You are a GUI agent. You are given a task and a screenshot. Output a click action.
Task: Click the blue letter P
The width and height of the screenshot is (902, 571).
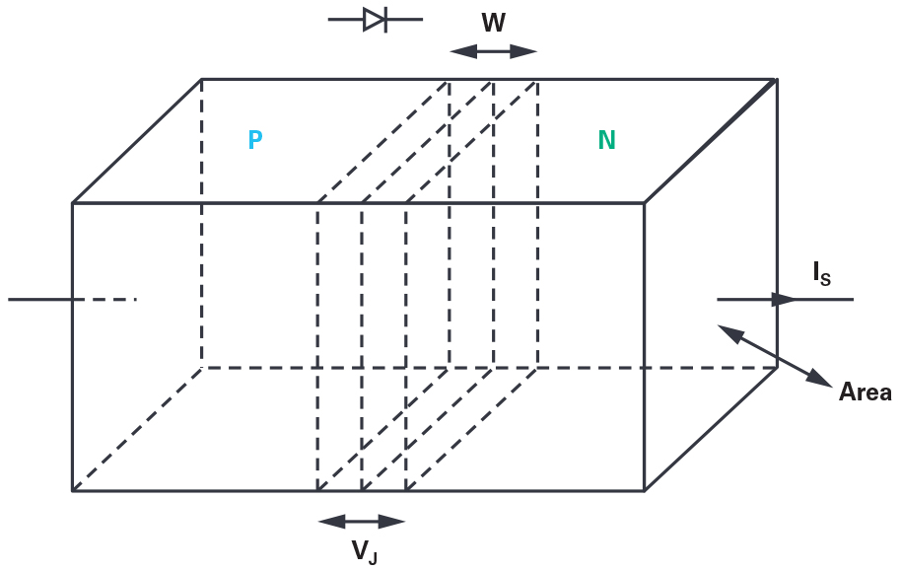pos(255,140)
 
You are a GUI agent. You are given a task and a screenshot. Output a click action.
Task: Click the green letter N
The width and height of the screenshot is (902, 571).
pos(606,140)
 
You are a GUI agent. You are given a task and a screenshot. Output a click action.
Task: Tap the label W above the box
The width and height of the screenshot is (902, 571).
pos(493,21)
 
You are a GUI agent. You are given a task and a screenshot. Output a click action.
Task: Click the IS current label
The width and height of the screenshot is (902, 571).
pos(821,274)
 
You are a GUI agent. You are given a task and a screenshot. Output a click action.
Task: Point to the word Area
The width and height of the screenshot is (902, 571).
pos(865,393)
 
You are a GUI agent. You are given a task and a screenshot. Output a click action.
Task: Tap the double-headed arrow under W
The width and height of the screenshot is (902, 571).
pos(493,51)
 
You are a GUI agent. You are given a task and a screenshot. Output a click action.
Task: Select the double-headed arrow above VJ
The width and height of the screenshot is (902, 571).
pos(361,522)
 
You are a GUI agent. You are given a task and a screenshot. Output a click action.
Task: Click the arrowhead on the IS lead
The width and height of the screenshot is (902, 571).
pos(787,299)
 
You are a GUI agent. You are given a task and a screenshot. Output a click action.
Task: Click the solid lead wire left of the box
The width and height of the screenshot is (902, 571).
pos(39,298)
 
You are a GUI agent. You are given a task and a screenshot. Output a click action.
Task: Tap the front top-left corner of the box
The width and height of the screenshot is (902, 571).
pos(73,203)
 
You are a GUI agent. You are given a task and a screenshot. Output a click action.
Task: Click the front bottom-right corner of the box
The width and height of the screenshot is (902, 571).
pos(645,489)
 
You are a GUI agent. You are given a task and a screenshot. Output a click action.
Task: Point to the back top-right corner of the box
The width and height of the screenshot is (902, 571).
pos(777,79)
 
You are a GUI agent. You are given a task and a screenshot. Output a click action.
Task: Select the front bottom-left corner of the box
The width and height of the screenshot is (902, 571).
pos(73,489)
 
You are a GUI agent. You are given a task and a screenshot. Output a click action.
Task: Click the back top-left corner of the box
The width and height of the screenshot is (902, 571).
pos(202,79)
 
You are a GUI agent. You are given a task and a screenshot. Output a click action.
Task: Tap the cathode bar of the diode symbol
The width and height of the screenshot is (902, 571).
pos(385,19)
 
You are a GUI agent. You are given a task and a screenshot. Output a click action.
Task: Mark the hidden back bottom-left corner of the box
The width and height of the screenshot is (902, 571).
pos(202,367)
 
